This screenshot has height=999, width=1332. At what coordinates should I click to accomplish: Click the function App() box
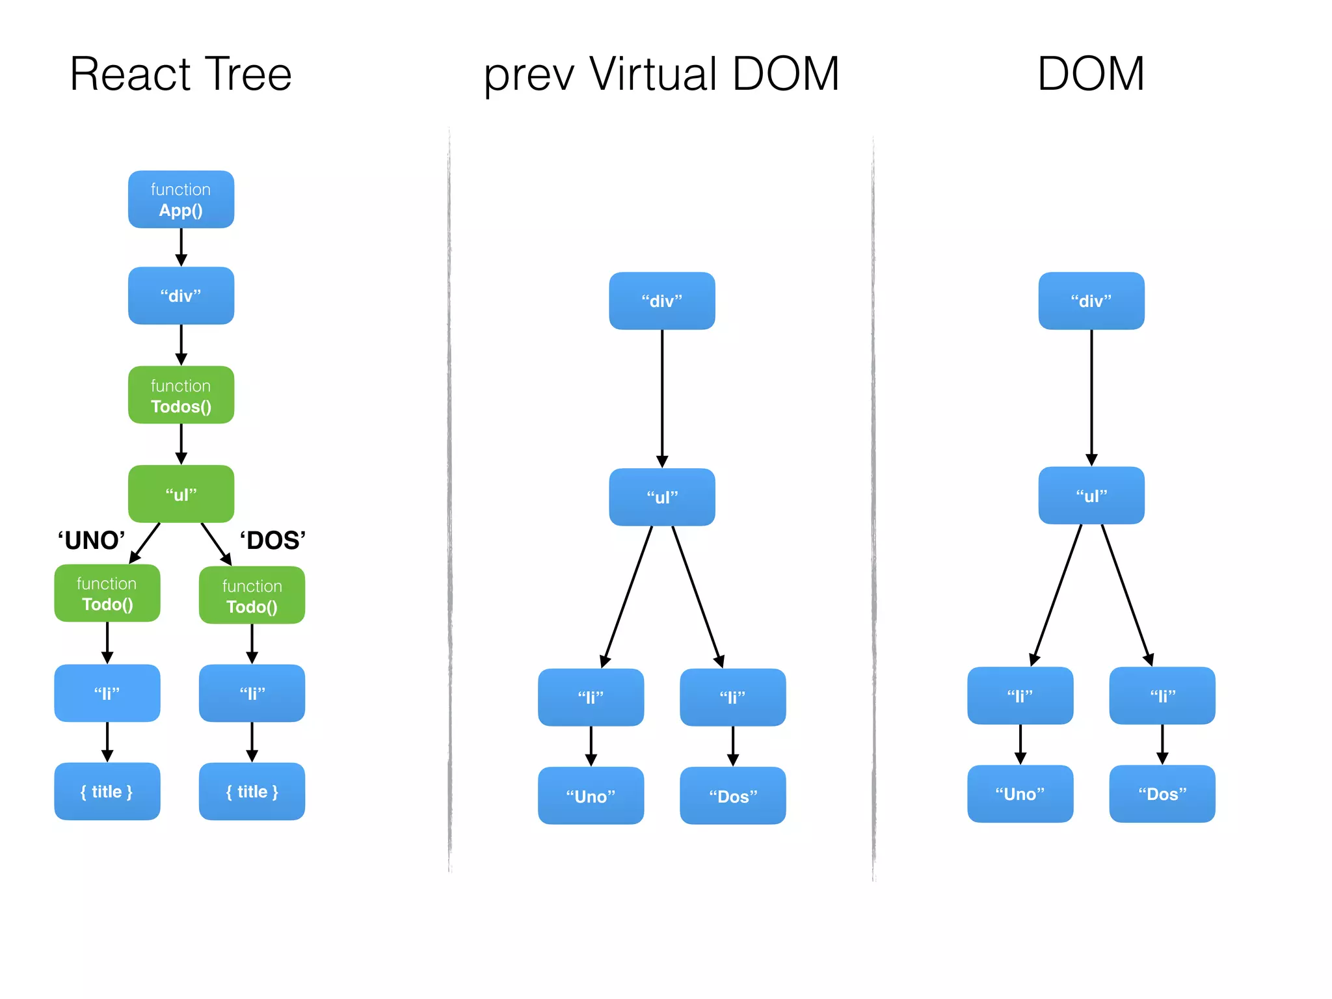click(181, 200)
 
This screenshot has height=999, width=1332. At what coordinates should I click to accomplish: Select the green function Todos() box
click(181, 395)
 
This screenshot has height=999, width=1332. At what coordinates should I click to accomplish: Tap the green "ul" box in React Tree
click(181, 494)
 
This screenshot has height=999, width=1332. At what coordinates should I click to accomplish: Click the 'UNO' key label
click(91, 540)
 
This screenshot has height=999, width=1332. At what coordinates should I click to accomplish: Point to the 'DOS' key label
click(273, 540)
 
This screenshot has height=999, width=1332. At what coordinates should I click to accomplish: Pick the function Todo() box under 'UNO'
click(107, 593)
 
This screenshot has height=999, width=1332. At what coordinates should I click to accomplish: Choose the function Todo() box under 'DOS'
click(252, 596)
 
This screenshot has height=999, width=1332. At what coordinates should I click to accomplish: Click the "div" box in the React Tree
click(181, 296)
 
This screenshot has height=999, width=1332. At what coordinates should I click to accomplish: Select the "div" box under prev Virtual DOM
click(662, 301)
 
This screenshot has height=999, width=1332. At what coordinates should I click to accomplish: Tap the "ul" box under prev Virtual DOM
click(662, 498)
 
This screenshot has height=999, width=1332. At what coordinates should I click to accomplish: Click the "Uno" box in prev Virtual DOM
click(591, 796)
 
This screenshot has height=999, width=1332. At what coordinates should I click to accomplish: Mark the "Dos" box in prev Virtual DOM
click(733, 796)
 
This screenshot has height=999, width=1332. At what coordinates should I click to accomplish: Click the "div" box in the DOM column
click(1091, 301)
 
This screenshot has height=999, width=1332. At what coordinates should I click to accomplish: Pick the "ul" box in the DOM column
click(1091, 496)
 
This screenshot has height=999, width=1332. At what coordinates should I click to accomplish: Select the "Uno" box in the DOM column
click(1020, 794)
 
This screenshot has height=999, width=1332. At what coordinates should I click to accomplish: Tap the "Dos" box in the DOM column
click(1162, 794)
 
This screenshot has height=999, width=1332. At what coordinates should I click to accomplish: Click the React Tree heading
click(181, 74)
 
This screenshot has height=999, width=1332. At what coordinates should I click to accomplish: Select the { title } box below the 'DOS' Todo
click(252, 792)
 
